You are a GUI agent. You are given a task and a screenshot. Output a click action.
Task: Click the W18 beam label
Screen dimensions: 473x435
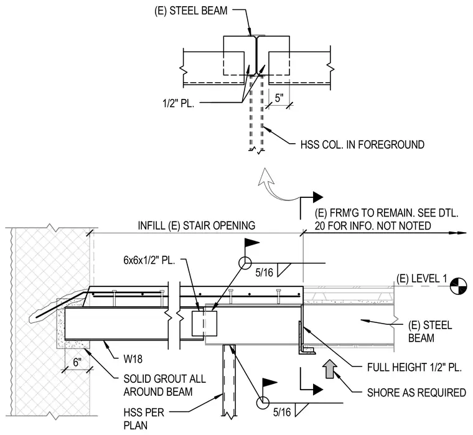pyautogui.click(x=133, y=359)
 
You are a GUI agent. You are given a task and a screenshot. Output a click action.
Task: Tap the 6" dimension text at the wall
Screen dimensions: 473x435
pyautogui.click(x=77, y=362)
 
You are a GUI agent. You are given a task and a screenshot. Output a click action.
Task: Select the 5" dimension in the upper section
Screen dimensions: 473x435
pyautogui.click(x=279, y=98)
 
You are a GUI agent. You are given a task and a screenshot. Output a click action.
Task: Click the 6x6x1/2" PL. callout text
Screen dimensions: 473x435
pyautogui.click(x=149, y=260)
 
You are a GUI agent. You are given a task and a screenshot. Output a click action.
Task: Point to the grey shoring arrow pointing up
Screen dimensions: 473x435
pyautogui.click(x=329, y=368)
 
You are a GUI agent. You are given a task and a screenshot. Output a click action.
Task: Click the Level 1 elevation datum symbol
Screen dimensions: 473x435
pyautogui.click(x=458, y=286)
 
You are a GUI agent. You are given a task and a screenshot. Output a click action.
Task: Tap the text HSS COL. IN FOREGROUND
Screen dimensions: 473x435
pyautogui.click(x=362, y=144)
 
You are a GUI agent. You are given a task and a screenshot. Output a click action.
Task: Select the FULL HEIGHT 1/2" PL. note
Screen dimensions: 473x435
pyautogui.click(x=414, y=367)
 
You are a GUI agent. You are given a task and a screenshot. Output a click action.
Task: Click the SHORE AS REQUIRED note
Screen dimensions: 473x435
pyautogui.click(x=416, y=393)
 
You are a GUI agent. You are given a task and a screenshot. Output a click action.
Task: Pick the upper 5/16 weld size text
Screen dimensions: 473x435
pyautogui.click(x=264, y=273)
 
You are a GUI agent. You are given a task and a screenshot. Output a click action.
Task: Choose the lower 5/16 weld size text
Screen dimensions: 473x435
pyautogui.click(x=282, y=412)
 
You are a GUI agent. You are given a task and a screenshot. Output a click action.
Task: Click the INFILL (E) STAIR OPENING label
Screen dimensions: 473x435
pyautogui.click(x=197, y=225)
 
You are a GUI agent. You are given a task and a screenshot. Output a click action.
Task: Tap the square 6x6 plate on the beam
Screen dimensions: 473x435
pyautogui.click(x=205, y=324)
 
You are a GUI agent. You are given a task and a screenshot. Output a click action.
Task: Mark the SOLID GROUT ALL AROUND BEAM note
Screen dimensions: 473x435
pyautogui.click(x=165, y=385)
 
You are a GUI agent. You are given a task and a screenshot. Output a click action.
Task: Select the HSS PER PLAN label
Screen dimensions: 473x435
pyautogui.click(x=144, y=419)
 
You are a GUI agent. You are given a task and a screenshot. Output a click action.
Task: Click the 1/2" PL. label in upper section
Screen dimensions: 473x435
pyautogui.click(x=178, y=103)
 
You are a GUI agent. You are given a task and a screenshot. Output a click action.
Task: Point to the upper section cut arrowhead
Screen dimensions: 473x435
pyautogui.click(x=317, y=197)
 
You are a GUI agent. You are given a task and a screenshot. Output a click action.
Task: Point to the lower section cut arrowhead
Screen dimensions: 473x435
pyautogui.click(x=317, y=390)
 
